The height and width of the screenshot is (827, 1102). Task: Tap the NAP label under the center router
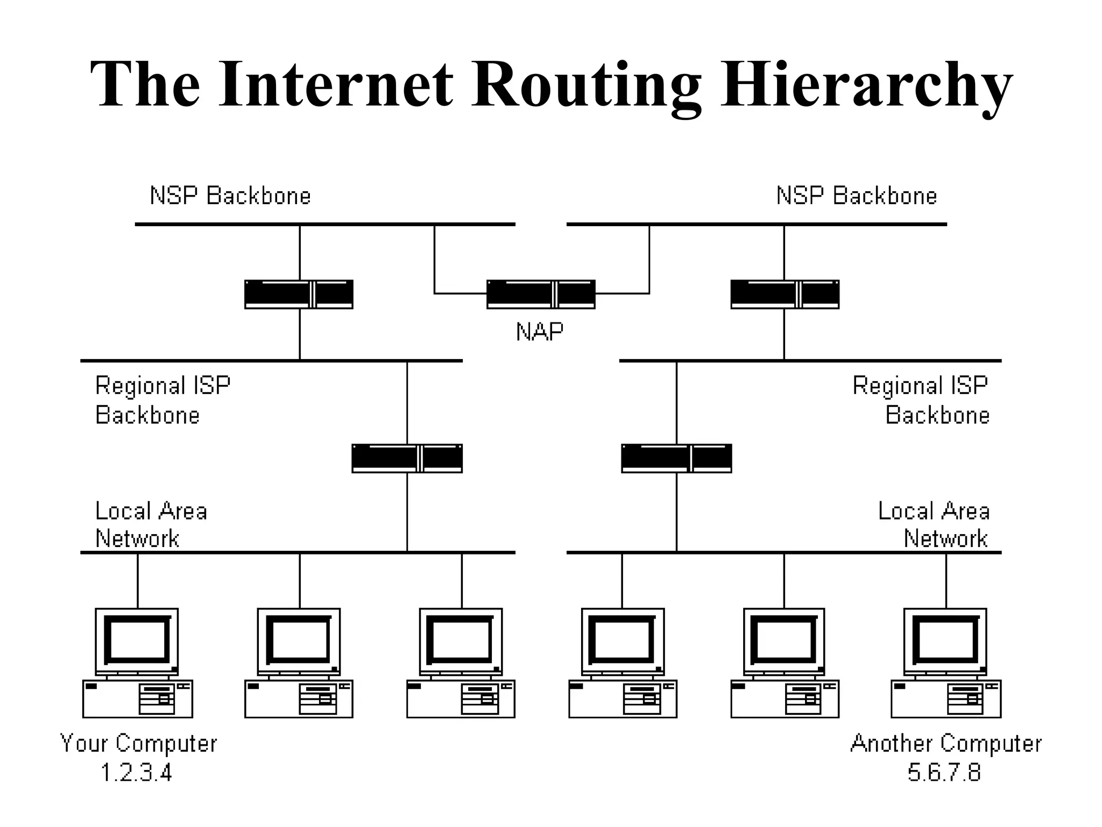(540, 332)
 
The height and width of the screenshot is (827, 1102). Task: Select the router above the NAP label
(541, 294)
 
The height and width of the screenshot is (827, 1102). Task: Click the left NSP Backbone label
(230, 195)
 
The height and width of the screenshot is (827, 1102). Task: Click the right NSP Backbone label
(857, 195)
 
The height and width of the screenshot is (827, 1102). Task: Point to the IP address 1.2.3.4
(136, 773)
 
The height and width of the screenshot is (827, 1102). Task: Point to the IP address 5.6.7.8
(944, 773)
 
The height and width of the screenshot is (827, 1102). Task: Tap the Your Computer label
(138, 744)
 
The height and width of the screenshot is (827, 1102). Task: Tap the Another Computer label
(946, 744)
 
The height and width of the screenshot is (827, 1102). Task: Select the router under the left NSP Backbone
(299, 294)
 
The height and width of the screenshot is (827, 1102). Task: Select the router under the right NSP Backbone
(785, 294)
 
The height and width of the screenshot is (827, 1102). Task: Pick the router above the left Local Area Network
(407, 458)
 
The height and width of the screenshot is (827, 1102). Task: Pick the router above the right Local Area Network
(676, 458)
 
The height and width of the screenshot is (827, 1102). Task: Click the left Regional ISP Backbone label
(163, 401)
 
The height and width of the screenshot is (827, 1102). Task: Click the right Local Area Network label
(934, 525)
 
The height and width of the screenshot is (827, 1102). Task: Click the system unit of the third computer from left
(461, 699)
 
